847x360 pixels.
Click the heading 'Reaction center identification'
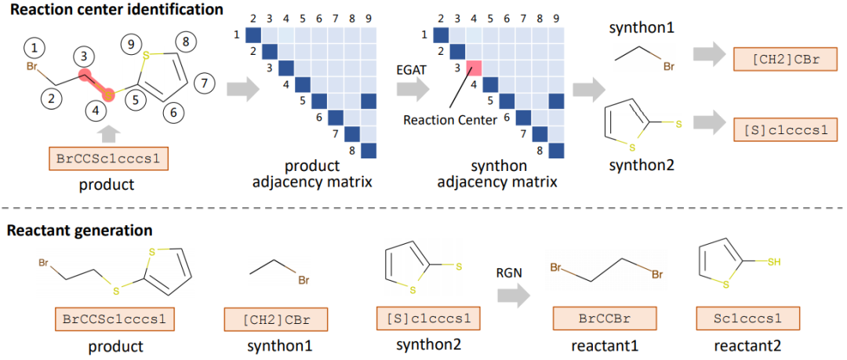[x=112, y=10]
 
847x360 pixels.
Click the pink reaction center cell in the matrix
[x=474, y=67]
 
